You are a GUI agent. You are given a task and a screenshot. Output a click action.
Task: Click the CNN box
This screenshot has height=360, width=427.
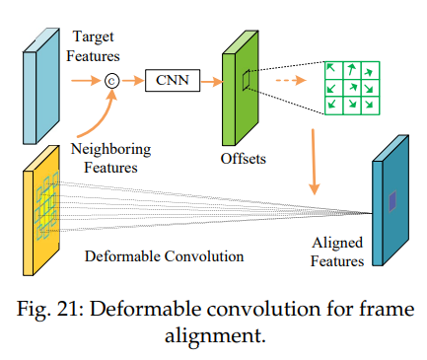click(x=173, y=80)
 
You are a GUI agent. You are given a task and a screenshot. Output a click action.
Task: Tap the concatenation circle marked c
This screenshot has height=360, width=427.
click(x=111, y=81)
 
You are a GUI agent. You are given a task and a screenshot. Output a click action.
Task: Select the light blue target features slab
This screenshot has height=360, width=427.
click(x=41, y=86)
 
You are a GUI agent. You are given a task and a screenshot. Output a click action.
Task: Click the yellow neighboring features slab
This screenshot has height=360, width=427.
click(x=41, y=210)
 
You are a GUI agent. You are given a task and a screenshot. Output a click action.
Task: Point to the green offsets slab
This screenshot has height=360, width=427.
click(x=241, y=88)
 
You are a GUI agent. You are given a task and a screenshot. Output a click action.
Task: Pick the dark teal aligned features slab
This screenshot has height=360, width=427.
click(x=391, y=200)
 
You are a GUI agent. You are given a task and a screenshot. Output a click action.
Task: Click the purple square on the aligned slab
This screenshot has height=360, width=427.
click(x=392, y=201)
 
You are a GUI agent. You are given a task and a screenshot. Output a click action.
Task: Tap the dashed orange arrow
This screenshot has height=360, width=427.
click(x=291, y=80)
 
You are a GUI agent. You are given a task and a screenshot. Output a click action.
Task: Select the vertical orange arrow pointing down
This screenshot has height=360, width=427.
click(x=314, y=162)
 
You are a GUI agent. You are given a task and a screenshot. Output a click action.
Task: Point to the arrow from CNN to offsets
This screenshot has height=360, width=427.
click(x=212, y=81)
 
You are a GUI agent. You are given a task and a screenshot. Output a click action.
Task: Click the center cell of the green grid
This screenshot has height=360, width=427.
click(x=352, y=88)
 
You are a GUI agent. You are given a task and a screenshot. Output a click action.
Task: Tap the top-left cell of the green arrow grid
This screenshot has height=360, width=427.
click(x=334, y=70)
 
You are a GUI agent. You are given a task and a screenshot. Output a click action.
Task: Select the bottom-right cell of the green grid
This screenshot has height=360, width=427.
click(x=371, y=106)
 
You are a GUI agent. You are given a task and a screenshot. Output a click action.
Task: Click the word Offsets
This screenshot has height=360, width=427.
click(x=244, y=159)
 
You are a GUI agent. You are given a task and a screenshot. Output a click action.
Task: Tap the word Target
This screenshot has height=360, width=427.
click(x=94, y=36)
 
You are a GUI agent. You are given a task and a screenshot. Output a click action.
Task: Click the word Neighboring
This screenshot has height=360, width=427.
click(x=111, y=150)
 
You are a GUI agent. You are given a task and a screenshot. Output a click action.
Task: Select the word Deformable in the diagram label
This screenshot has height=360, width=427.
click(x=123, y=256)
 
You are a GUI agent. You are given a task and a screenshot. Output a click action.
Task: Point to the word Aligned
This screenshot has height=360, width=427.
click(x=337, y=244)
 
